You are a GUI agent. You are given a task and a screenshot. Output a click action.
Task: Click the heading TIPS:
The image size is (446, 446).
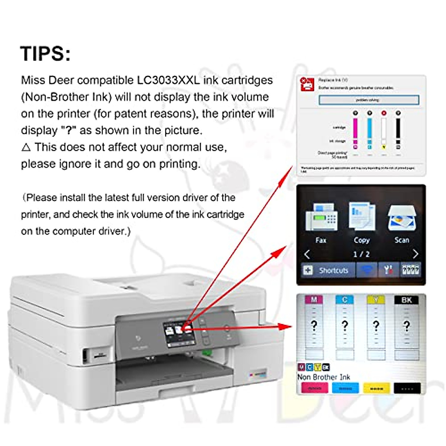point(45,54)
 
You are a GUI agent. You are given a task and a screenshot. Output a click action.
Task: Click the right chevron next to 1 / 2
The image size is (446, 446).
point(416,254)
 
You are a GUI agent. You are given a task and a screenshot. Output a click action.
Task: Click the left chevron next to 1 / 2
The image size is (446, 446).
point(307,254)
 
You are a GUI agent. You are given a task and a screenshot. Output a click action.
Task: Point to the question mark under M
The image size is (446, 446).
point(314,326)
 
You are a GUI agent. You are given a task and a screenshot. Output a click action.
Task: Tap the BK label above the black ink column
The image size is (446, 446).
point(407,300)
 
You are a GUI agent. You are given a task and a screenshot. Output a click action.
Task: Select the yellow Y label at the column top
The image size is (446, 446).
point(376,300)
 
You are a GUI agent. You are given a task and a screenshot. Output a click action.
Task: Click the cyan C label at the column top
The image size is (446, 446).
point(345,300)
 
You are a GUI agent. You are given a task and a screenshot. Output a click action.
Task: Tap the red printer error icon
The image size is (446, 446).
point(307,84)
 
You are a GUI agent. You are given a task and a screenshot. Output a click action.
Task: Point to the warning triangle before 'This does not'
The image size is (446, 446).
point(26,148)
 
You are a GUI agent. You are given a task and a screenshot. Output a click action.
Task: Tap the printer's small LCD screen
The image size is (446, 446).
point(179,334)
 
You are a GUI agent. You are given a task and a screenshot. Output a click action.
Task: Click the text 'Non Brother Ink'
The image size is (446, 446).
point(324,377)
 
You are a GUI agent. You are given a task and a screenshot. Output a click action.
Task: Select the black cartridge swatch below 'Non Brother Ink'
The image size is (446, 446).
point(407,388)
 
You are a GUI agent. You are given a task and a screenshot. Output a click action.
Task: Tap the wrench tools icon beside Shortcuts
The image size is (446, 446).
point(388,270)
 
